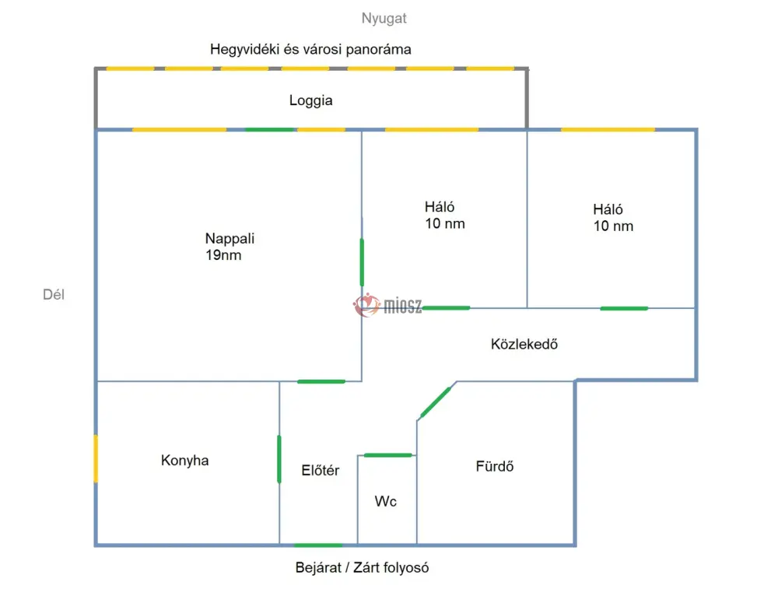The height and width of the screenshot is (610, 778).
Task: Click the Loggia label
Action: (x=310, y=100)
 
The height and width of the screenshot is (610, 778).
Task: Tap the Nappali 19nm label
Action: (x=230, y=247)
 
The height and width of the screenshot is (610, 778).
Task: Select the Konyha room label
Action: (x=184, y=461)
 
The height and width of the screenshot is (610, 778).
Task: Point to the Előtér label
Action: (x=320, y=470)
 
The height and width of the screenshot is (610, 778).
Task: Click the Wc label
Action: (x=386, y=501)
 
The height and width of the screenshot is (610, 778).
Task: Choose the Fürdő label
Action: (x=495, y=466)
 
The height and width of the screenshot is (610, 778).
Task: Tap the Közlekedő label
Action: (x=524, y=344)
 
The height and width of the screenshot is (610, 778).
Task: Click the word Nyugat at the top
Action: (x=384, y=19)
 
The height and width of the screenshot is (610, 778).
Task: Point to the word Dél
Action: (x=54, y=294)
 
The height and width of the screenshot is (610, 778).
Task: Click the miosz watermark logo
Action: (x=387, y=305)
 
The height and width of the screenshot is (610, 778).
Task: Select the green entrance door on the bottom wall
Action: (x=318, y=545)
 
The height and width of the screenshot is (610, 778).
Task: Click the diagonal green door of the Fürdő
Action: (x=436, y=402)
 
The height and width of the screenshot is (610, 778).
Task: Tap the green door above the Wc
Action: (x=388, y=455)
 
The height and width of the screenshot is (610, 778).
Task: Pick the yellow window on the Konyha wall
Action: (x=96, y=458)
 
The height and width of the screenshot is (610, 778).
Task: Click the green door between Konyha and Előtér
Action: (x=279, y=459)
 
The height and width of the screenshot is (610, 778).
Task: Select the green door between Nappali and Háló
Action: (x=362, y=262)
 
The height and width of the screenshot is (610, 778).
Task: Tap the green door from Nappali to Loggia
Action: (x=271, y=129)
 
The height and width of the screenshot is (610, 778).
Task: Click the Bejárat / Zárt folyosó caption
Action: (x=362, y=567)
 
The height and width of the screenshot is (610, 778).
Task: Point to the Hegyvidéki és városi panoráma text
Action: (x=310, y=50)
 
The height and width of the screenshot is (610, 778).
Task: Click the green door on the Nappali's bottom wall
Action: (x=321, y=382)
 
